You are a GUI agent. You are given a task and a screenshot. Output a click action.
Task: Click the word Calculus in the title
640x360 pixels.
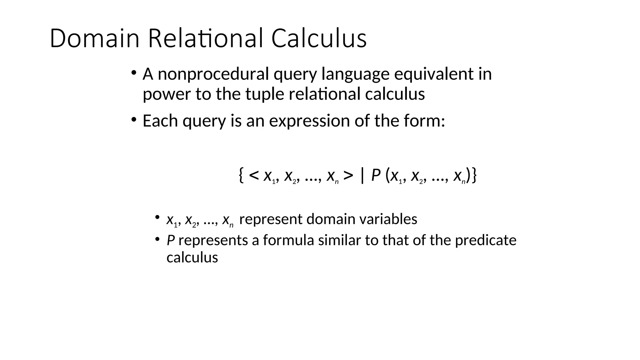click(319, 38)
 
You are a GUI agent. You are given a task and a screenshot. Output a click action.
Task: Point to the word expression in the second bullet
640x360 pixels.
click(310, 121)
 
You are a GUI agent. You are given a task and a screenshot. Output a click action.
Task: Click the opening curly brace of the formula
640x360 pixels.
click(241, 176)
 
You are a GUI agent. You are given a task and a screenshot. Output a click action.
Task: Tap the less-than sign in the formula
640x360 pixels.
click(254, 176)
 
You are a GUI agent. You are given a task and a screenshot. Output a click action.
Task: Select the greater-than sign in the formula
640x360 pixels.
click(348, 176)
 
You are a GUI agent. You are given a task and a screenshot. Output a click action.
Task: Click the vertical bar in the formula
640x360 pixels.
click(362, 176)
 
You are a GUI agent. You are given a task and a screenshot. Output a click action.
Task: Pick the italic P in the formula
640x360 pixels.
click(376, 176)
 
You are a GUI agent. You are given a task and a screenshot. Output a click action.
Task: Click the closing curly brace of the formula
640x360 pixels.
click(474, 176)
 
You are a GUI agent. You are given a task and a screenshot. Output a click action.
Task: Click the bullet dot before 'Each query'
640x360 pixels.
click(134, 120)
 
